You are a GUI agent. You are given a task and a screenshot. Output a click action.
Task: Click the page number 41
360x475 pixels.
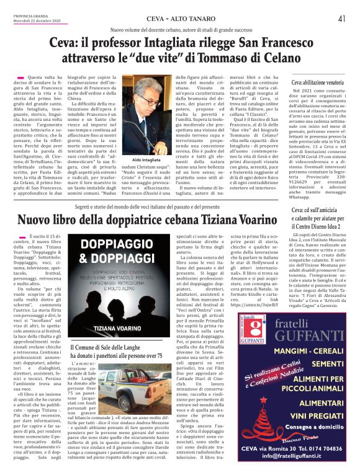[x=342, y=19]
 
